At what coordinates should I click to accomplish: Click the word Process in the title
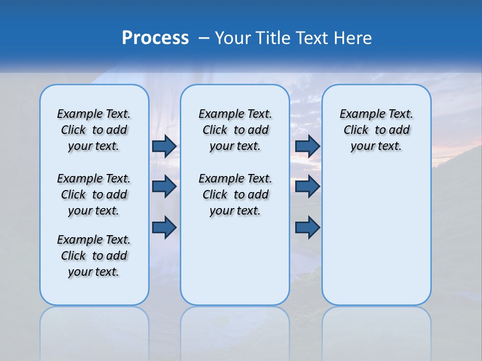click(155, 38)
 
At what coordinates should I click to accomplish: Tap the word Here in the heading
click(353, 38)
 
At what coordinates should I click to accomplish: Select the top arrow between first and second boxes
click(164, 146)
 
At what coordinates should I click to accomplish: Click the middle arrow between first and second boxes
click(164, 187)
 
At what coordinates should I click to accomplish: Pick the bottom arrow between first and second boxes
click(164, 227)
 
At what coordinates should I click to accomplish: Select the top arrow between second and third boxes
click(307, 146)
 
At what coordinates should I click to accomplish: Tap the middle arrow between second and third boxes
click(307, 187)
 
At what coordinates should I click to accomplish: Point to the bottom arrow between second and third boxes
click(307, 227)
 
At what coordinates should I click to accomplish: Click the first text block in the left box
click(94, 130)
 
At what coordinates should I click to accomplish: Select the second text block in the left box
click(94, 195)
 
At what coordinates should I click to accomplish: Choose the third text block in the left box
click(94, 256)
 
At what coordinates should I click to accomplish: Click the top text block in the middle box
click(235, 130)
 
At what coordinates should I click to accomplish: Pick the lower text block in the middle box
click(235, 195)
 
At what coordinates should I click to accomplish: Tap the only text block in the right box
click(376, 130)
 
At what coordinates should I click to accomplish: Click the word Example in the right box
click(359, 114)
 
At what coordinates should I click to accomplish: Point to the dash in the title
click(204, 38)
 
